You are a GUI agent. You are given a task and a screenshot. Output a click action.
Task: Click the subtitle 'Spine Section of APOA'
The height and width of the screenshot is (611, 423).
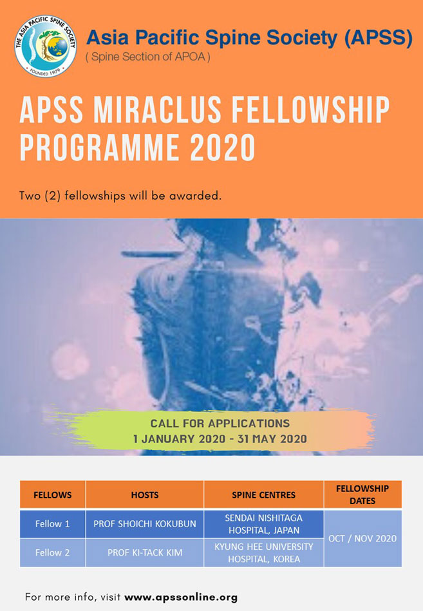point(147,57)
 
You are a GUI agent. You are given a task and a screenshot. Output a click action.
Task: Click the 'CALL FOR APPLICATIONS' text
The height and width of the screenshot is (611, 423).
point(220,424)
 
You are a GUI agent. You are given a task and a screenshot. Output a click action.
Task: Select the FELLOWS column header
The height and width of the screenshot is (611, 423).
point(52,494)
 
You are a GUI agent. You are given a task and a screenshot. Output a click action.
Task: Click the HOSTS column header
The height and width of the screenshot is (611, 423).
point(144,494)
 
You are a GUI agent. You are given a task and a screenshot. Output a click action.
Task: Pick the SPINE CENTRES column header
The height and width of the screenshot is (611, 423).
point(263,494)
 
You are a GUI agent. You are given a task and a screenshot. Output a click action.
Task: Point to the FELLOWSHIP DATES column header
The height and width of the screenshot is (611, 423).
point(362,494)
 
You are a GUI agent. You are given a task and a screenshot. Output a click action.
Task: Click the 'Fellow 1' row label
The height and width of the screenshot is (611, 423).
point(52,523)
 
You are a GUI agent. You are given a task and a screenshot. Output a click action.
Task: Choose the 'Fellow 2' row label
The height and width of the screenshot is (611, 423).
point(52,552)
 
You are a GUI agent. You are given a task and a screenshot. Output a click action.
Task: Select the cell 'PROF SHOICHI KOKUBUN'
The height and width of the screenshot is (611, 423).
point(144,523)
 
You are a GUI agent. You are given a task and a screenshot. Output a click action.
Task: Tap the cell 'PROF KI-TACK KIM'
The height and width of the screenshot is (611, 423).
point(144,552)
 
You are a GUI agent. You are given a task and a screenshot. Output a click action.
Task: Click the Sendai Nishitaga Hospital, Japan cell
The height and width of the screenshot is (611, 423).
point(263,523)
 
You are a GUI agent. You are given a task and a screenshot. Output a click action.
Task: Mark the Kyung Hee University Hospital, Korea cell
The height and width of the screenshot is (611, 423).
point(263,552)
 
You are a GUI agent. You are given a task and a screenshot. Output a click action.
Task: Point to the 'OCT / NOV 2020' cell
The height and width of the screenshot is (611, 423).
point(362,538)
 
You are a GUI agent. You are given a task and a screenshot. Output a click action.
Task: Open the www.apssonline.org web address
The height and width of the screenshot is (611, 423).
point(181,597)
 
